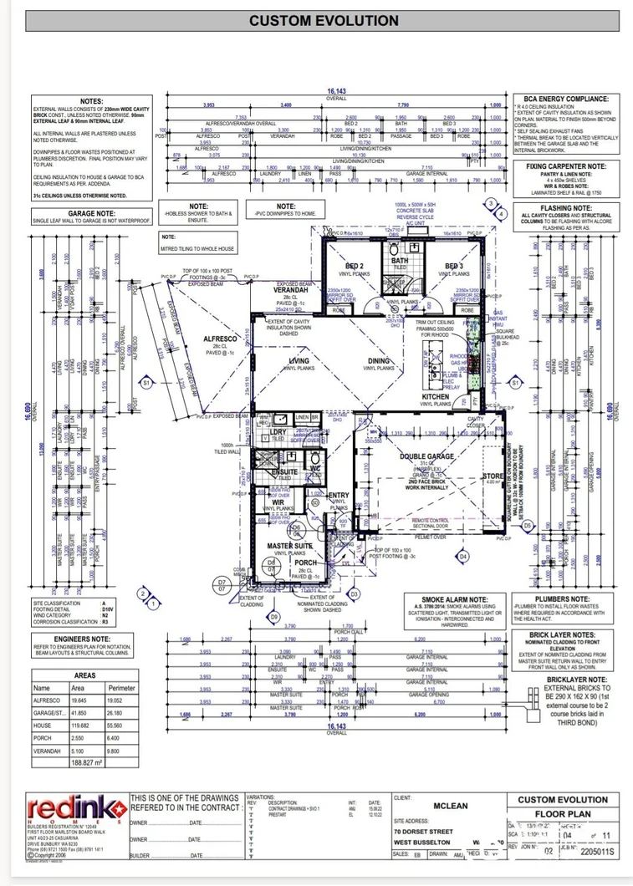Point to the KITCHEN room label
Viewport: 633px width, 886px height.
point(436,396)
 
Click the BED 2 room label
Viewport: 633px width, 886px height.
point(354,266)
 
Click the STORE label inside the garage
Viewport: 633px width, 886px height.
point(493,477)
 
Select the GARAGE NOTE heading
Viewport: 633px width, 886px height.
point(79,213)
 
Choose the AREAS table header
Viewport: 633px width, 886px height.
point(84,675)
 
